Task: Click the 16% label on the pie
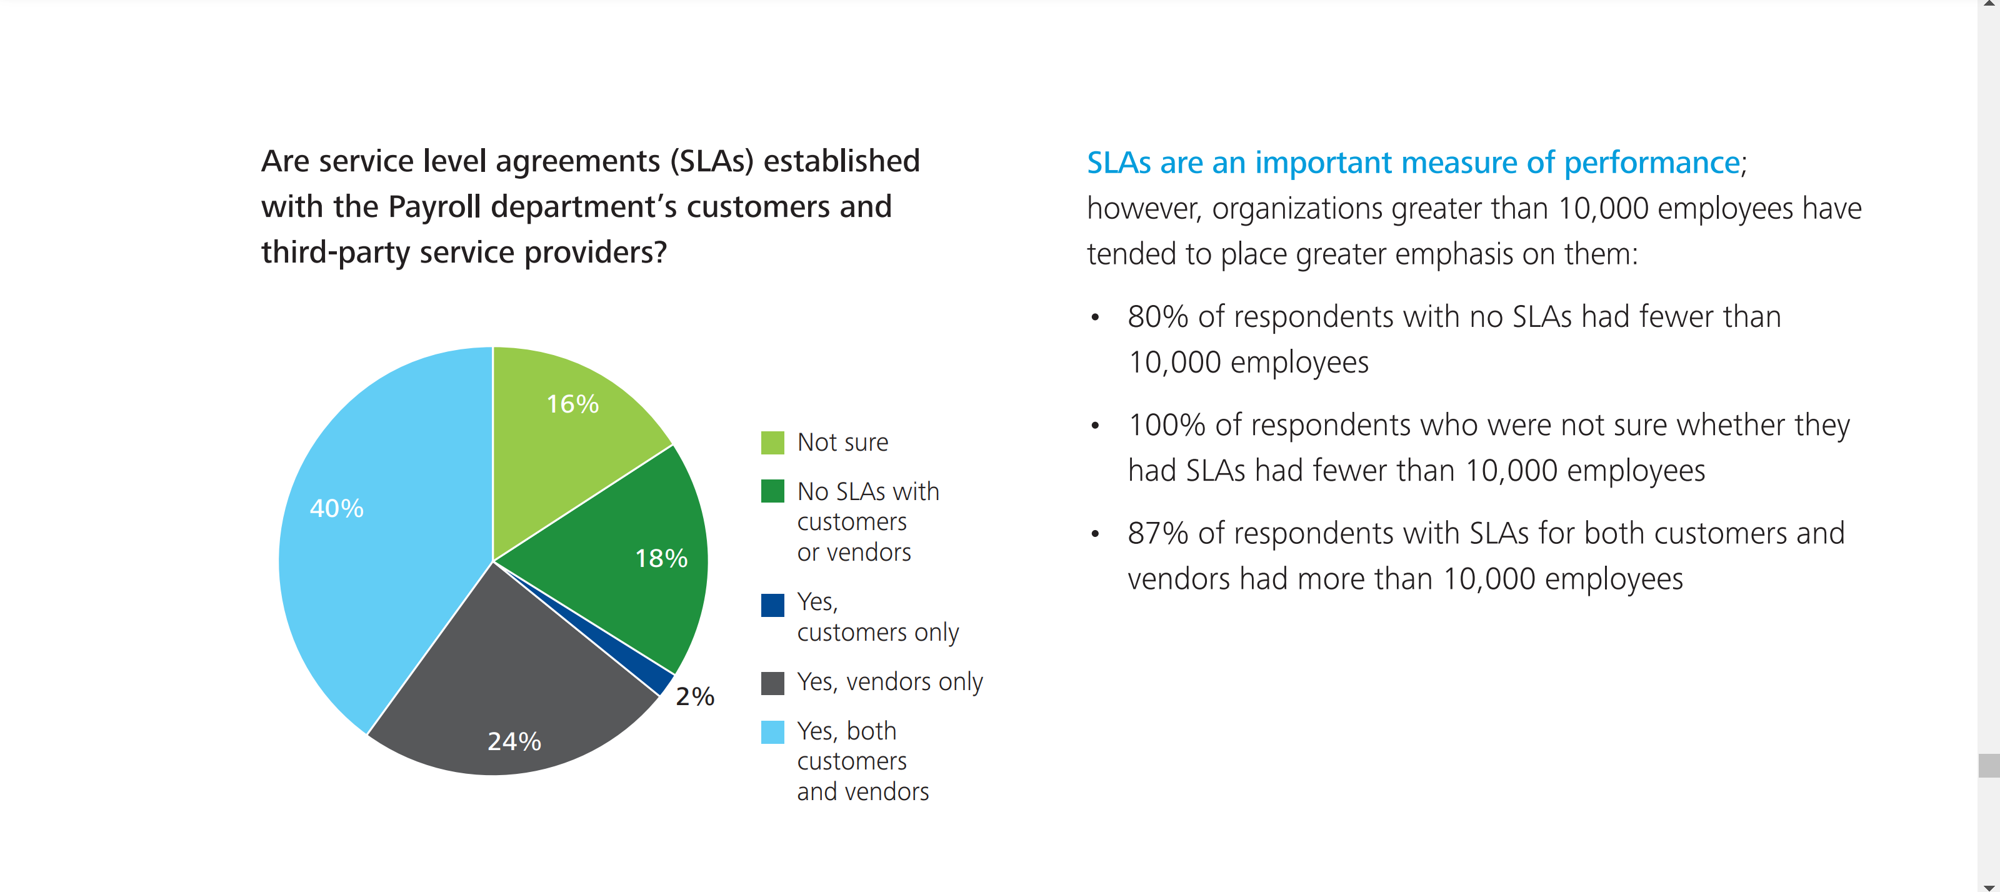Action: pyautogui.click(x=572, y=404)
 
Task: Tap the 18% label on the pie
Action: pyautogui.click(x=661, y=558)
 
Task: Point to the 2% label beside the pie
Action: pyautogui.click(x=694, y=696)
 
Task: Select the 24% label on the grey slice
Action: pyautogui.click(x=514, y=741)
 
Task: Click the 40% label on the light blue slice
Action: pyautogui.click(x=336, y=508)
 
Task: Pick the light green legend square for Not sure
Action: pyautogui.click(x=772, y=443)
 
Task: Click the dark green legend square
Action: pyautogui.click(x=772, y=491)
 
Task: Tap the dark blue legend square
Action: pyautogui.click(x=772, y=604)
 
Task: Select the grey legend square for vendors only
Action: pyautogui.click(x=772, y=683)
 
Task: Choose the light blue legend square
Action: pyautogui.click(x=772, y=732)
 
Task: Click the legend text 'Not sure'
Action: pyautogui.click(x=842, y=443)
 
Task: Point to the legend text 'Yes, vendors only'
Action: pyautogui.click(x=890, y=681)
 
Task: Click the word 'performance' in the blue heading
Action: pyautogui.click(x=1651, y=163)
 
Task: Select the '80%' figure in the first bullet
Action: pyautogui.click(x=1157, y=317)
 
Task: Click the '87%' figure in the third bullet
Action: pyautogui.click(x=1157, y=534)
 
